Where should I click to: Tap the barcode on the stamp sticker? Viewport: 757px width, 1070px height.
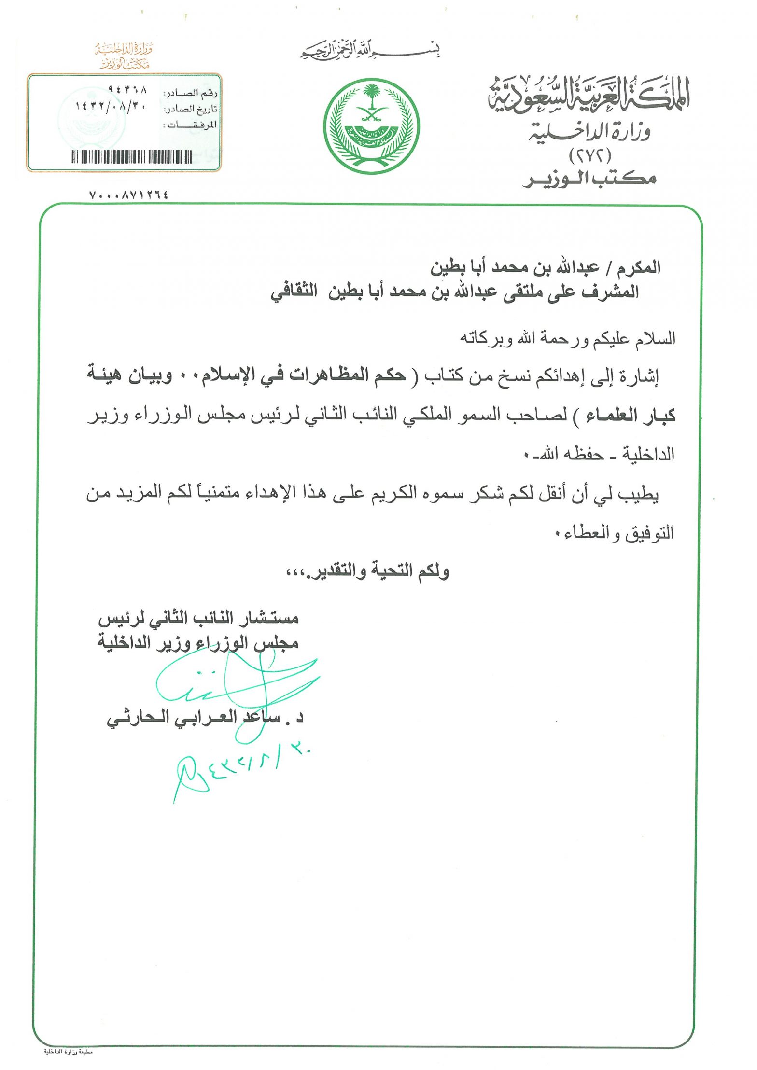(132, 157)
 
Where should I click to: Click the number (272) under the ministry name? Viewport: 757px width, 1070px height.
(590, 155)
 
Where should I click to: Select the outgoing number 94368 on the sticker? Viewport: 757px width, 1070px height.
(127, 90)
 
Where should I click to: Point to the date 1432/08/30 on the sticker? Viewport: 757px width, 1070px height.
(111, 106)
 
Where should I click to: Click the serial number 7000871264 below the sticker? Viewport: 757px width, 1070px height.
(129, 195)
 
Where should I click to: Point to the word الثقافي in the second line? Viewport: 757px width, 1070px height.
(293, 292)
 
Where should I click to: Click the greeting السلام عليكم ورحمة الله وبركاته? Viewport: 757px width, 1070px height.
(567, 339)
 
